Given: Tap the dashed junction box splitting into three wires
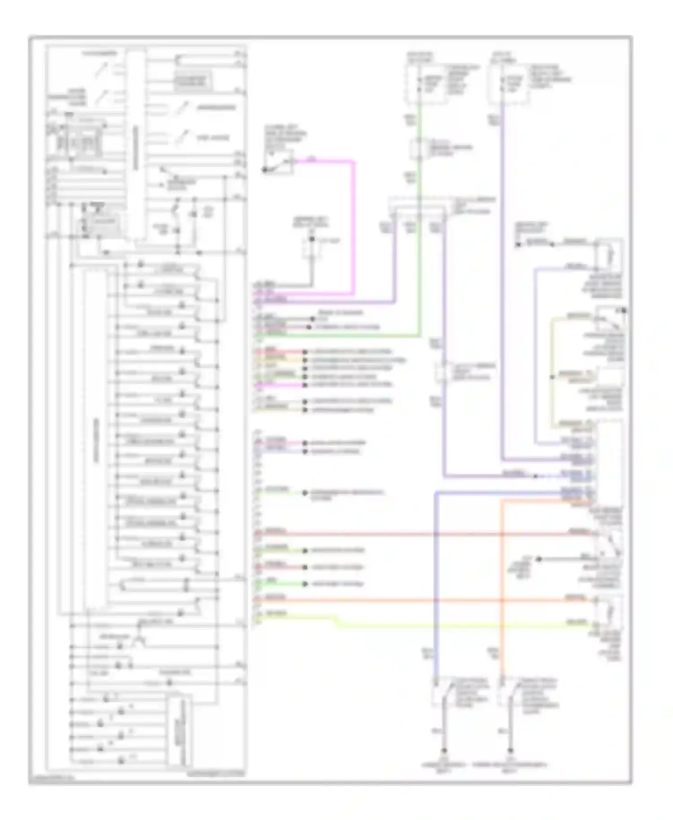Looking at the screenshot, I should click(x=417, y=206).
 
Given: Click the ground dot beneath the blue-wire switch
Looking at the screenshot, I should click(x=444, y=750).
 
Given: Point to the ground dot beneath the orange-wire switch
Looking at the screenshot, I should click(x=510, y=750).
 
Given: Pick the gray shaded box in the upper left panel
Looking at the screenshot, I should click(x=193, y=82).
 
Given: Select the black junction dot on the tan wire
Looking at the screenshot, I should click(x=553, y=377).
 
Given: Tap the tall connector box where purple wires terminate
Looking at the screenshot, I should click(x=608, y=462).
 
